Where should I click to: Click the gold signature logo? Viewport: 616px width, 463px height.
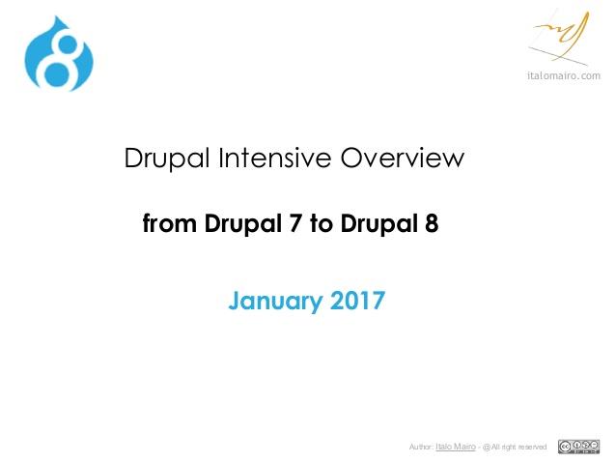[x=560, y=38]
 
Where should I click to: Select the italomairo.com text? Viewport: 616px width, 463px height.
[x=564, y=75]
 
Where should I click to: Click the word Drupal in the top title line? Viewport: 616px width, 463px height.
[x=167, y=159]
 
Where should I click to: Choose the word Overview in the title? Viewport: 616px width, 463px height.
[x=402, y=158]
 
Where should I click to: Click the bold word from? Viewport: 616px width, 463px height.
[x=169, y=223]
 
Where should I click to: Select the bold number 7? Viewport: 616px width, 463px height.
[x=295, y=223]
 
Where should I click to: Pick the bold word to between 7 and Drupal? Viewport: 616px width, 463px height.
[x=322, y=224]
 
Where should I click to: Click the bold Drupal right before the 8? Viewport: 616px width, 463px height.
[x=379, y=224]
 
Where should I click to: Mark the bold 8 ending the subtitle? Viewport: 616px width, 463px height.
[x=432, y=223]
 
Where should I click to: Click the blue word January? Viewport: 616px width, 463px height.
[x=275, y=302]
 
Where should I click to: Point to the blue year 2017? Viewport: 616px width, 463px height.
[x=357, y=301]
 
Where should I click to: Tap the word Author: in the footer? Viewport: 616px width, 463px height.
[x=421, y=447]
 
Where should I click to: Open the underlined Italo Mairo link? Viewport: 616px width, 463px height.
[x=456, y=447]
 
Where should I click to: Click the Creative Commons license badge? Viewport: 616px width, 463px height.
[x=578, y=447]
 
